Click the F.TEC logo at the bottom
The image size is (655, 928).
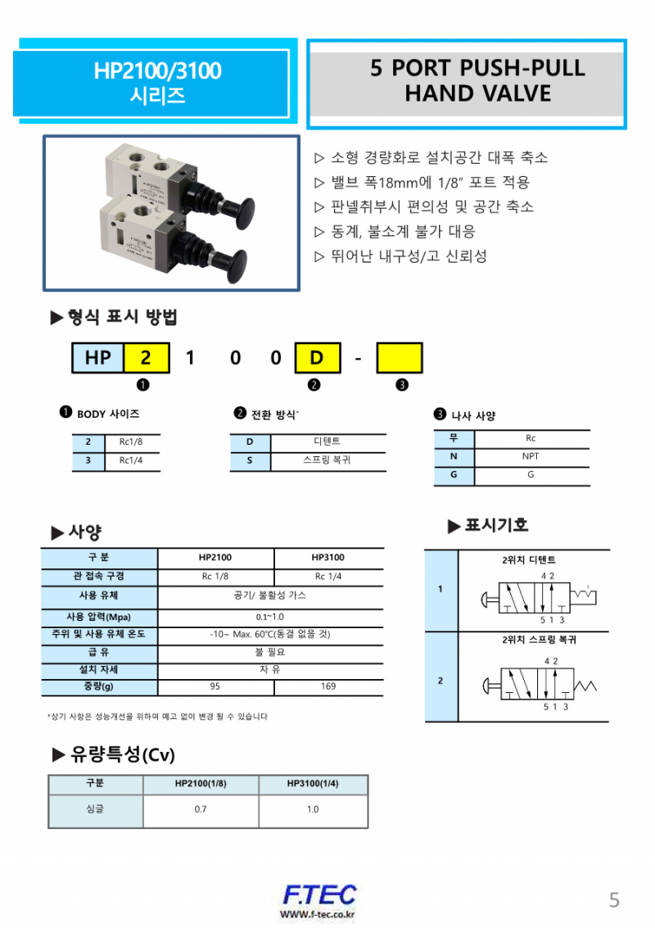coord(318,894)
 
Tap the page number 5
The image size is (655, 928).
coord(614,900)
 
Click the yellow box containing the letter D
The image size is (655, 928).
coord(317,358)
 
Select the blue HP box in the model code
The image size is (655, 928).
coord(98,358)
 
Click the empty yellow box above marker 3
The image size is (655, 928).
coord(399,358)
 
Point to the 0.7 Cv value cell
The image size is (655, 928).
coord(201,809)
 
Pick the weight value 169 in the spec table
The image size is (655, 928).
coord(327,686)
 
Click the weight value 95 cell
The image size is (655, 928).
coord(215,686)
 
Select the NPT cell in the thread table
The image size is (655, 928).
coord(531,456)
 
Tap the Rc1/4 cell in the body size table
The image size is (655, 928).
coord(131,461)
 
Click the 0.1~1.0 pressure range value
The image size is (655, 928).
coord(269,617)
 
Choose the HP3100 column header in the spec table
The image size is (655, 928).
coord(327,558)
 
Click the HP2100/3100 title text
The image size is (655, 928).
coord(157,71)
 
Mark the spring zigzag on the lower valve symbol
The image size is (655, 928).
coord(589,683)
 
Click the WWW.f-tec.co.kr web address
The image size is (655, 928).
coord(318,914)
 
